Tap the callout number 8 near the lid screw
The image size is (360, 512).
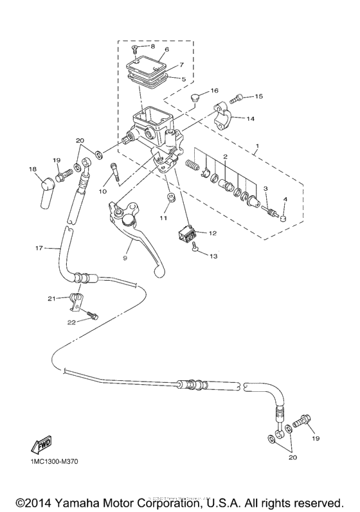(x=152, y=47)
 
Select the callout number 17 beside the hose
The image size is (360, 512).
(x=39, y=247)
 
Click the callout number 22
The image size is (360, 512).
(x=71, y=322)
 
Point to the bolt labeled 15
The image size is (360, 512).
(x=235, y=98)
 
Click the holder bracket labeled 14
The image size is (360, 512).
(x=226, y=118)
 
